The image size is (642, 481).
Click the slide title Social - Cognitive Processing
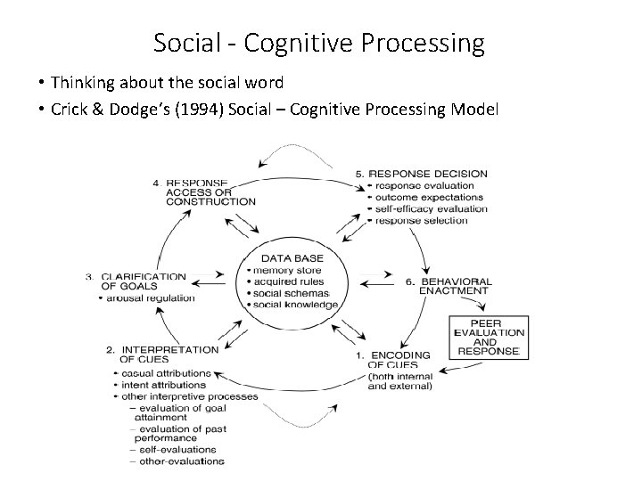[x=319, y=42]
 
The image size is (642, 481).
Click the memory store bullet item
[x=285, y=269]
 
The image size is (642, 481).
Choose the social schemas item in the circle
[x=292, y=292]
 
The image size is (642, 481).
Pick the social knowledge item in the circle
[x=295, y=305]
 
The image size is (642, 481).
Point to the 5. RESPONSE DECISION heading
[x=422, y=173]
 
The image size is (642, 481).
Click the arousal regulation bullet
[x=148, y=298]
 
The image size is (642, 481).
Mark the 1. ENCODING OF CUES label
[x=397, y=359]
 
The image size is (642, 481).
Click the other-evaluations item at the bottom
[x=178, y=461]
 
